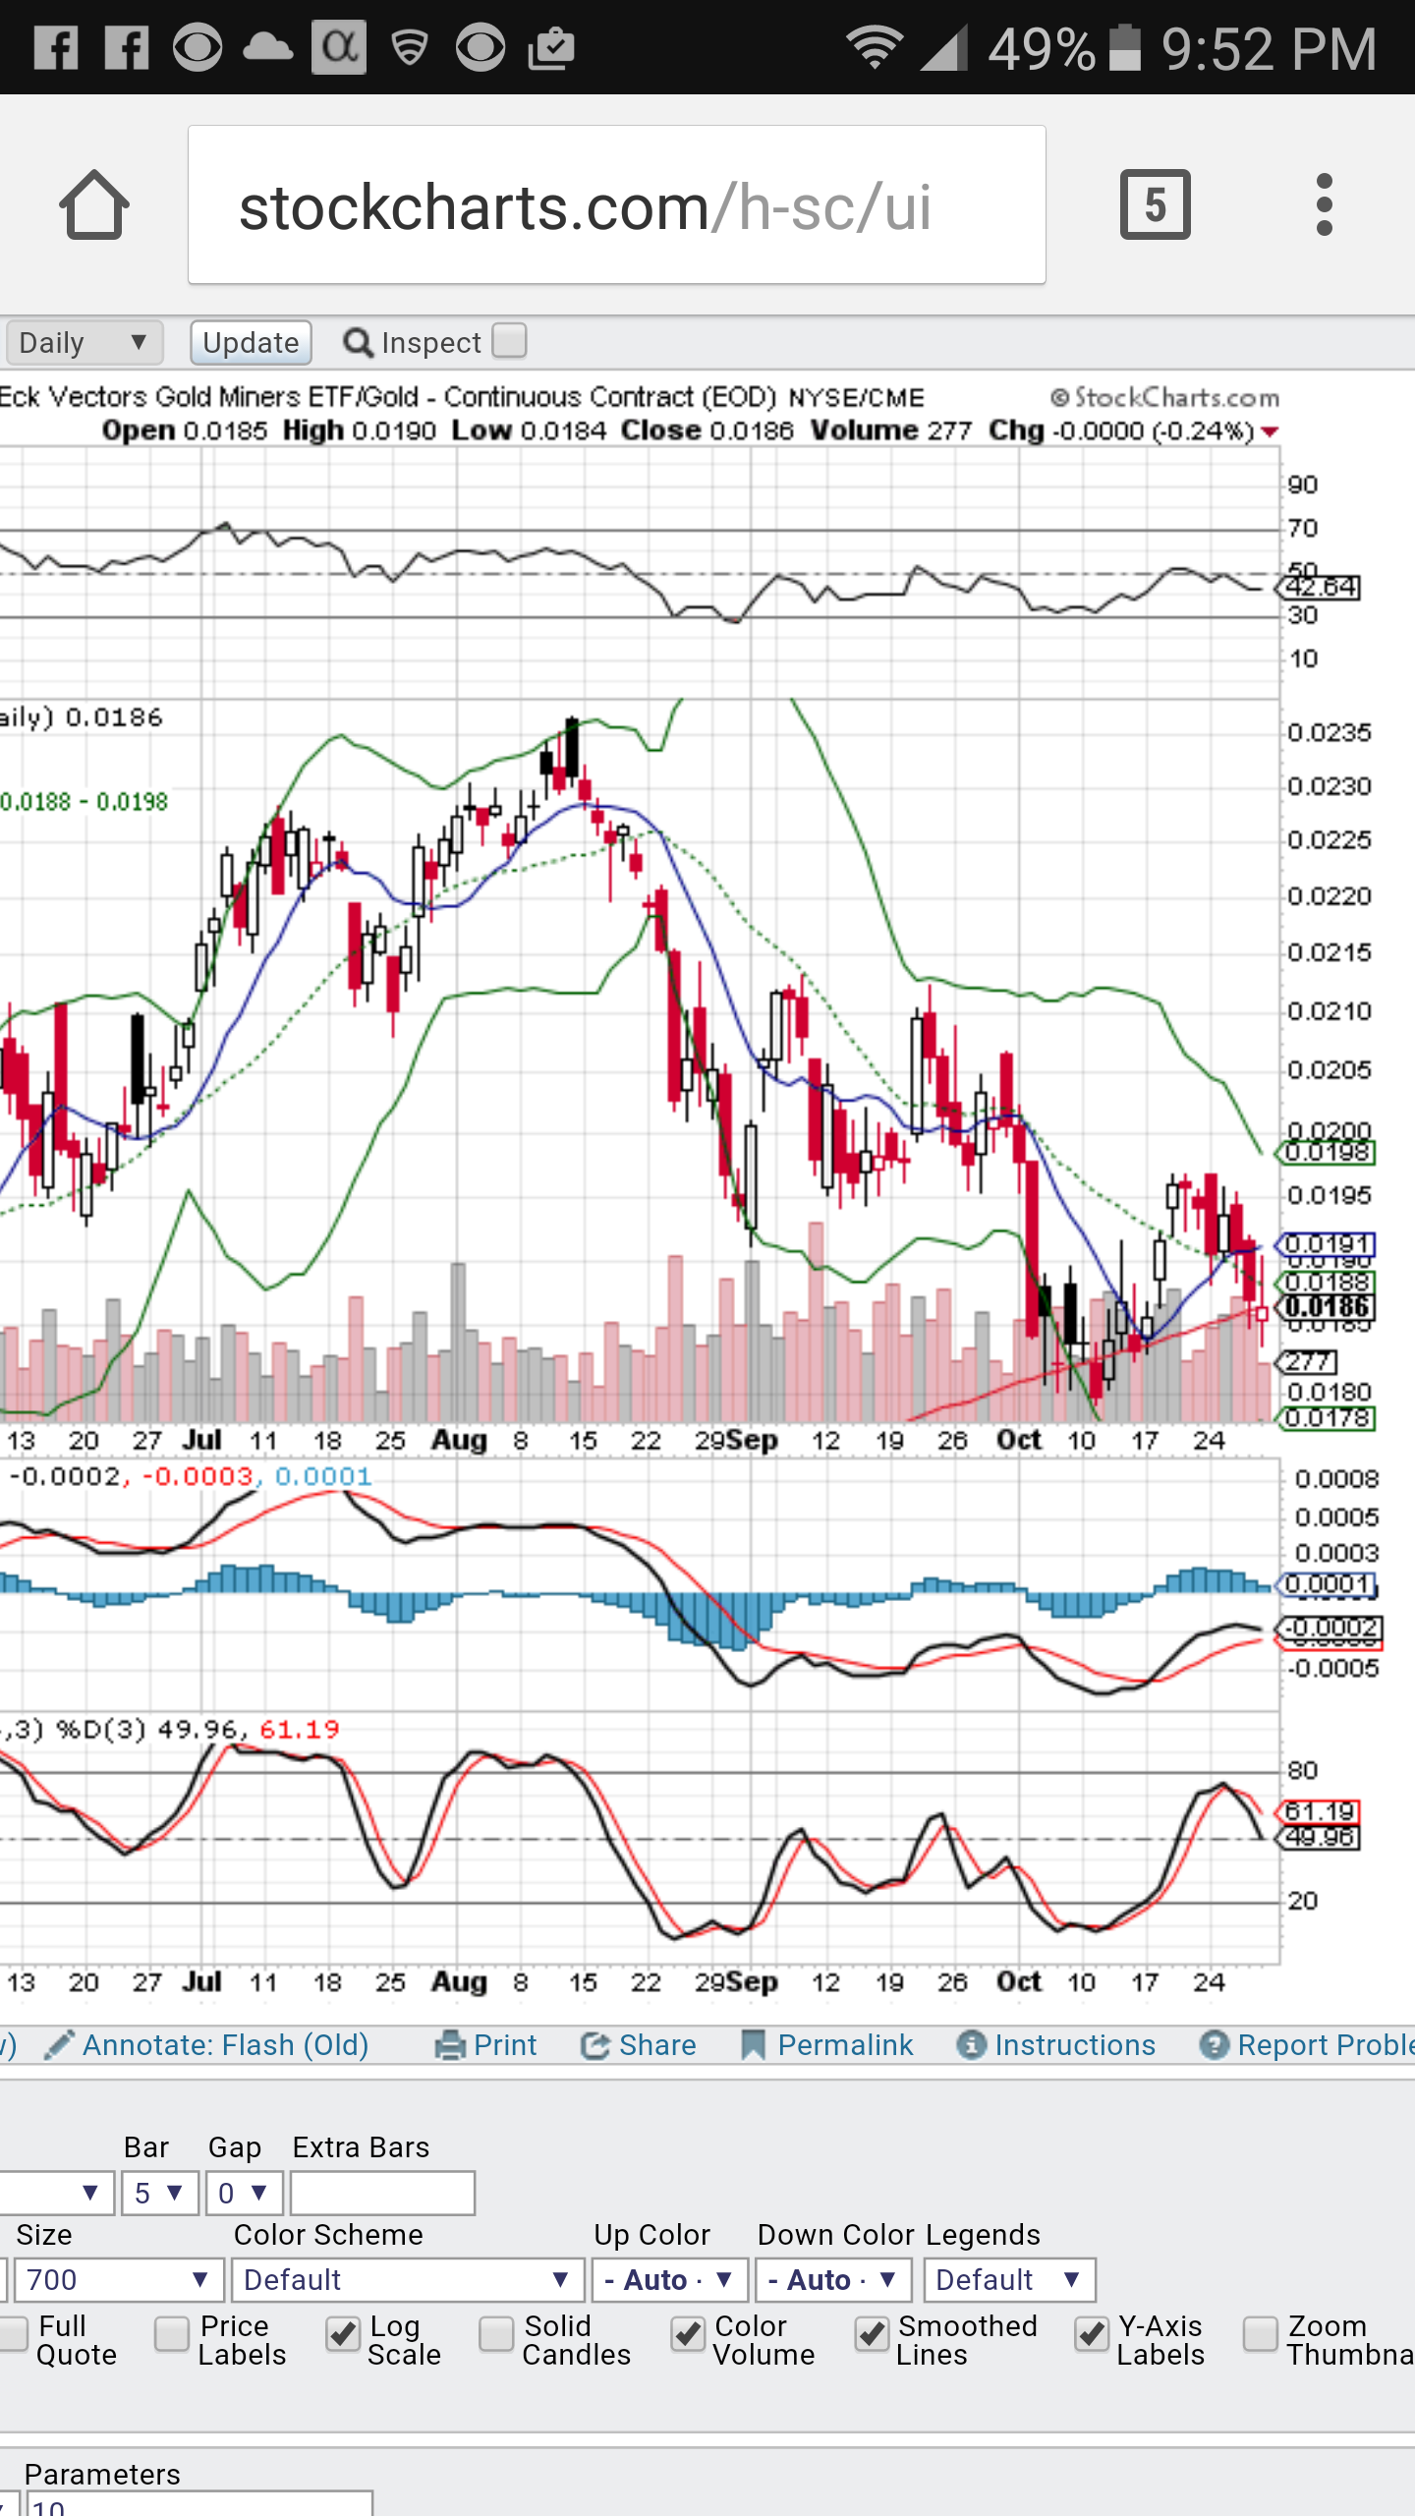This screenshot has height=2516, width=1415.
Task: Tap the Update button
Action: click(x=251, y=342)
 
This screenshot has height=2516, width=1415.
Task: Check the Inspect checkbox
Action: click(x=509, y=340)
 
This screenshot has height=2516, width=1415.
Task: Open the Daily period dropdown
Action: click(x=84, y=342)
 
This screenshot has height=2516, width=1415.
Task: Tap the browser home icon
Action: click(x=94, y=205)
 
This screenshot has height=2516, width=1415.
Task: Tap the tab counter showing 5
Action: click(x=1155, y=205)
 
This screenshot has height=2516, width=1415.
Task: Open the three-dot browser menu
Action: click(x=1324, y=205)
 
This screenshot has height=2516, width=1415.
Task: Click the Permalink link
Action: click(x=844, y=2045)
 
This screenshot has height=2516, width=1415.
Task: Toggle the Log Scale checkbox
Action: click(x=343, y=2333)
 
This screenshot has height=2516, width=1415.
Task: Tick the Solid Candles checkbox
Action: click(x=496, y=2333)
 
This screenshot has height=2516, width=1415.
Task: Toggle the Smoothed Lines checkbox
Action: click(x=872, y=2333)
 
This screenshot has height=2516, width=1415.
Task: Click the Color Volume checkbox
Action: click(x=688, y=2333)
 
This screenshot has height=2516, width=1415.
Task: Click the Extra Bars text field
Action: click(x=382, y=2194)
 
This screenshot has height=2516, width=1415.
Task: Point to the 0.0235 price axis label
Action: click(x=1329, y=733)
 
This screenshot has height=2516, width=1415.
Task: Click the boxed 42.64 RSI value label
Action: click(x=1322, y=588)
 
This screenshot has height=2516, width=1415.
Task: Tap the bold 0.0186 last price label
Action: click(x=1327, y=1307)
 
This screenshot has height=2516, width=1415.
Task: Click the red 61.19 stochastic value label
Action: click(x=1320, y=1811)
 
